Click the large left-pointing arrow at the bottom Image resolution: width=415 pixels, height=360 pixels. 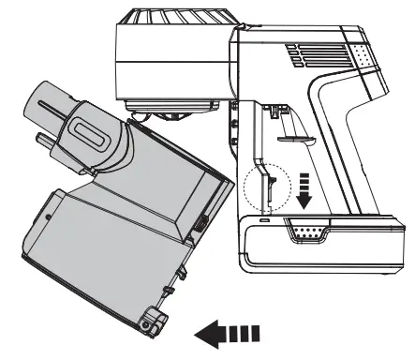click(x=230, y=331)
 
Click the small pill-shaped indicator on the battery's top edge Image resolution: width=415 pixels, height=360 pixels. click(x=265, y=221)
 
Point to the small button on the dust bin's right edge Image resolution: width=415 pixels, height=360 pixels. click(x=203, y=225)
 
